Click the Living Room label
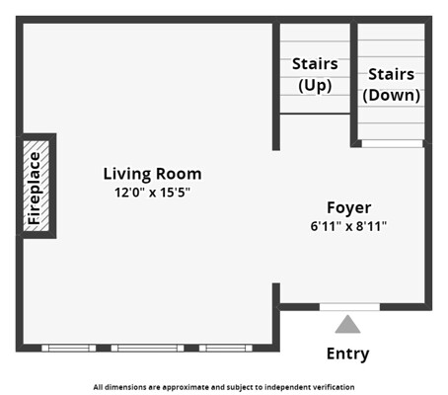tap(152, 174)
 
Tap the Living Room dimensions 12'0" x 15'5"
tap(152, 193)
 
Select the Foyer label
tap(349, 208)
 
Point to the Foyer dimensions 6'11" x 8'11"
tap(348, 226)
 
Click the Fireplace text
tap(35, 189)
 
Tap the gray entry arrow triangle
tap(347, 324)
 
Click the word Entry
tap(347, 355)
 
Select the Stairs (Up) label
tap(315, 75)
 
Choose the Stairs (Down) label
tap(391, 85)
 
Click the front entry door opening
tap(349, 307)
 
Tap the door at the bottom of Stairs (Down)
tap(392, 143)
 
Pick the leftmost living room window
tap(69, 348)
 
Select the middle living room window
tap(147, 348)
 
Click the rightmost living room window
tap(226, 348)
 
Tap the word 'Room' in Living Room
tap(179, 174)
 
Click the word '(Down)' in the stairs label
tap(391, 95)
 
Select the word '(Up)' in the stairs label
tap(315, 85)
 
